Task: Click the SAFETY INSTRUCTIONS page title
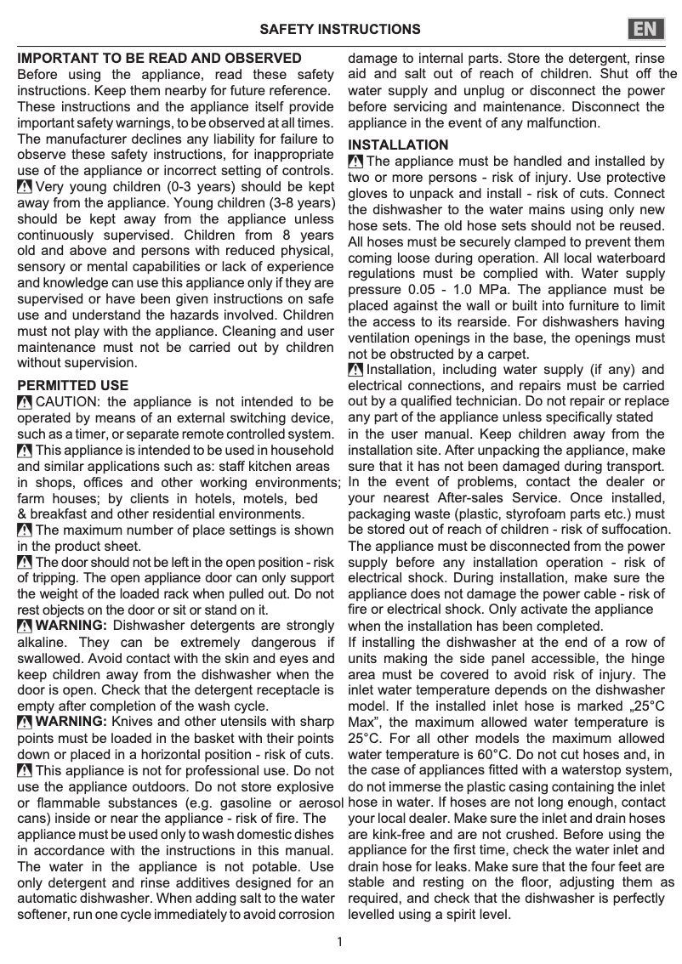pos(340,30)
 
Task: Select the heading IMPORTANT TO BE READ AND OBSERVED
pos(160,59)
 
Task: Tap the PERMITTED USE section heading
pos(73,386)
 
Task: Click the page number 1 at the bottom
pos(340,941)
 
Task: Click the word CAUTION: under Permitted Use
pos(70,402)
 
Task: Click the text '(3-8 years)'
pos(299,204)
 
